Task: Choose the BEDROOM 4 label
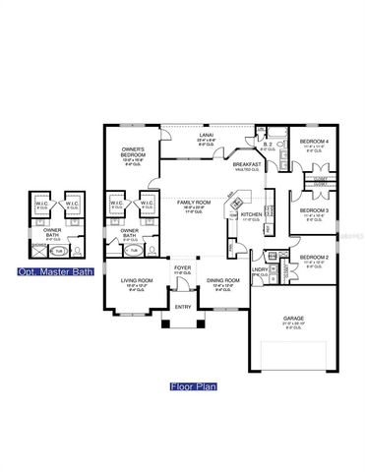pos(316,143)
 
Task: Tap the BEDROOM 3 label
pos(316,209)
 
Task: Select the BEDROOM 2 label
pos(316,258)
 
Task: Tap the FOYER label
pos(183,266)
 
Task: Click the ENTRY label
pos(183,306)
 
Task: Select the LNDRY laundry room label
pos(261,268)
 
